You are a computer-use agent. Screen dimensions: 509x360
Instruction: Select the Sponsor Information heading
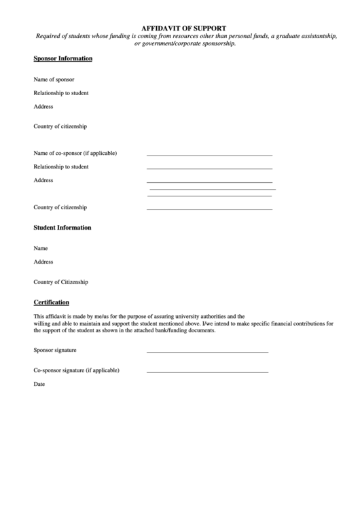63,59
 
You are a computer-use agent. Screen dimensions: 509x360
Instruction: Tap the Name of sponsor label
54,80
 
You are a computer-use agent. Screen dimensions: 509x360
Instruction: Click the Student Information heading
62,228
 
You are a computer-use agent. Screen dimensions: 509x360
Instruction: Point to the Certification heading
52,302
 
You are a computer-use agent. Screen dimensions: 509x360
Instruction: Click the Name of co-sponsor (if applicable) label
75,153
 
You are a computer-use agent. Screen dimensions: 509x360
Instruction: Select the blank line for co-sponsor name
209,155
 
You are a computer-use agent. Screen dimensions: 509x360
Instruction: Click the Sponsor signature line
207,352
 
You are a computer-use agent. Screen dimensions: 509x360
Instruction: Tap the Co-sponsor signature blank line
207,372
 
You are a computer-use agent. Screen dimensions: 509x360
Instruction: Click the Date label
39,384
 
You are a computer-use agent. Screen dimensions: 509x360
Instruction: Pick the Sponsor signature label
55,350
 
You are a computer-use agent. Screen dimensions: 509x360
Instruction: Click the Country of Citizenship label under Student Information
60,282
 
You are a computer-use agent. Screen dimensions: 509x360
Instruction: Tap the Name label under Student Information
41,249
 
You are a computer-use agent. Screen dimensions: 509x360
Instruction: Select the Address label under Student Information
43,262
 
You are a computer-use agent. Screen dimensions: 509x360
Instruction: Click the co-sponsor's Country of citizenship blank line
209,209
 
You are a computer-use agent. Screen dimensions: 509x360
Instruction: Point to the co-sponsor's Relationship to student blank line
209,169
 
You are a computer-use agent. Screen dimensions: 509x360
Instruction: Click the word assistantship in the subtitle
313,36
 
